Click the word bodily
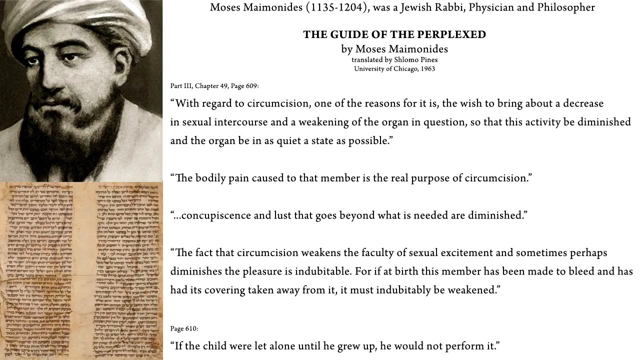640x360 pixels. [211, 178]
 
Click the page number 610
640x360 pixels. [191, 328]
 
